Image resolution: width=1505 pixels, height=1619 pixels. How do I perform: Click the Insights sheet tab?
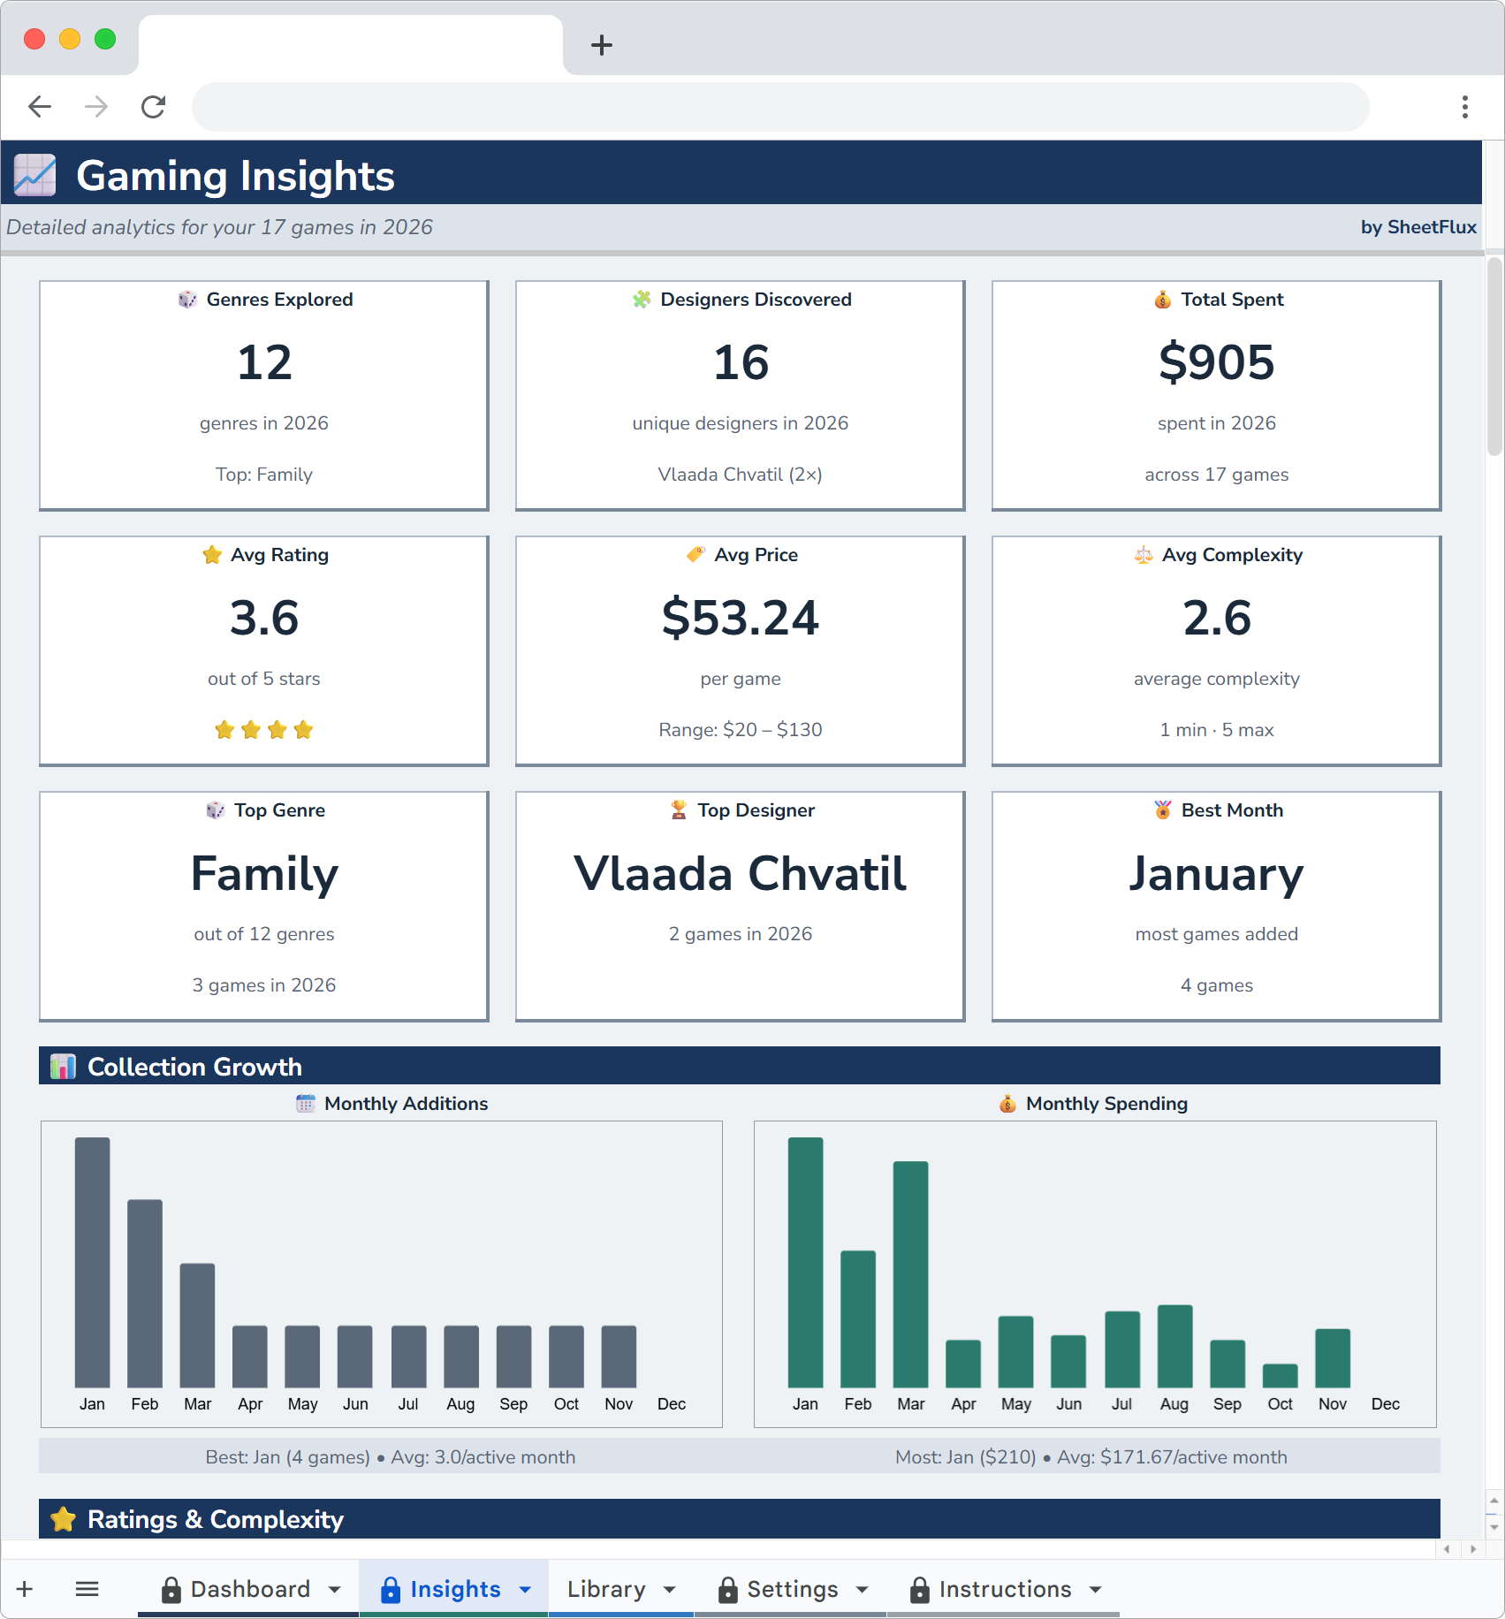coord(454,1589)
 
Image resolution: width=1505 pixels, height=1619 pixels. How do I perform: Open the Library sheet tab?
coord(606,1589)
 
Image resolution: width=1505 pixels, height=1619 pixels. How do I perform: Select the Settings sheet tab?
coord(792,1589)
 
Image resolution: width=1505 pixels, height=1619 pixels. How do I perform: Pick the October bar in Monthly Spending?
coord(1280,1375)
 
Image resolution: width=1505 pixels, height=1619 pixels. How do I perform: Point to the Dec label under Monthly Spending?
coord(1385,1403)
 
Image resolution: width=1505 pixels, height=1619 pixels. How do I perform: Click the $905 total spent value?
coord(1216,362)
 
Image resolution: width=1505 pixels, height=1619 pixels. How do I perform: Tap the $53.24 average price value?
coord(740,618)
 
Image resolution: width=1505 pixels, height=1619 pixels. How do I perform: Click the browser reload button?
coord(154,107)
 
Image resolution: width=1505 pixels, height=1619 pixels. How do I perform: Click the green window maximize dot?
coord(105,39)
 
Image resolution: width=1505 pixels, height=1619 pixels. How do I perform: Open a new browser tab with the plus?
coord(602,45)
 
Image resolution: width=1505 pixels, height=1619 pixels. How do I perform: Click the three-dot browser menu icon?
coord(1464,107)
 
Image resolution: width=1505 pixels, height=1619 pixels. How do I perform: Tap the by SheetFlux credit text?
coord(1418,227)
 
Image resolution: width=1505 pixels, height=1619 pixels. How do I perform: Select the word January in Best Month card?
coord(1216,873)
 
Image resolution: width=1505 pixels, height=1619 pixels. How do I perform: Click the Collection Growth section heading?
coord(194,1067)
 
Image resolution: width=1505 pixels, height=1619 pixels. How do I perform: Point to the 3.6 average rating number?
coord(264,618)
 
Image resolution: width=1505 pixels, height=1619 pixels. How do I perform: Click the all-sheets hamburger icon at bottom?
coord(87,1589)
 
